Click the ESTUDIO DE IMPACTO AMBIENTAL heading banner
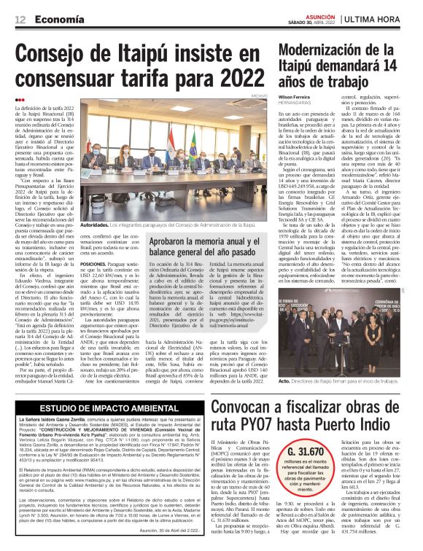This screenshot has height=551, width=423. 109,409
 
